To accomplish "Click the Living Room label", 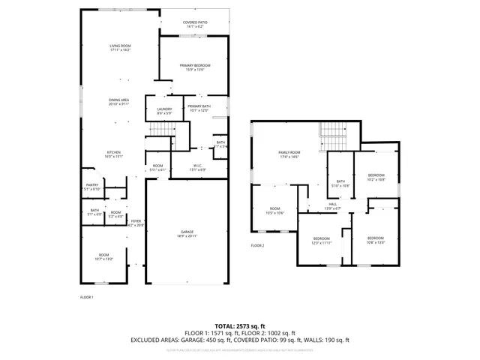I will click(x=120, y=48).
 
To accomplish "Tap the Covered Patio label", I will click(x=195, y=24).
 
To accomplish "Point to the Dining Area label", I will click(x=119, y=102).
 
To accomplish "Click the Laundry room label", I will click(x=165, y=112).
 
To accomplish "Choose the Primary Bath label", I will click(x=199, y=109).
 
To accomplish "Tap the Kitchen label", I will click(x=113, y=154).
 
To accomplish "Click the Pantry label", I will click(x=92, y=187).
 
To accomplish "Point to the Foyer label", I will click(x=136, y=223).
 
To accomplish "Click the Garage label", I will click(x=187, y=234).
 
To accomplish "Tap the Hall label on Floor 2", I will click(x=332, y=205).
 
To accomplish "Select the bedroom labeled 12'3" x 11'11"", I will click(x=320, y=240).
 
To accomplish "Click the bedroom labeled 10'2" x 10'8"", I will click(x=376, y=177).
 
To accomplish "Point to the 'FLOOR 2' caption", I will click(x=258, y=245).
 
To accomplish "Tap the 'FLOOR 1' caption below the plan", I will click(x=87, y=297).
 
